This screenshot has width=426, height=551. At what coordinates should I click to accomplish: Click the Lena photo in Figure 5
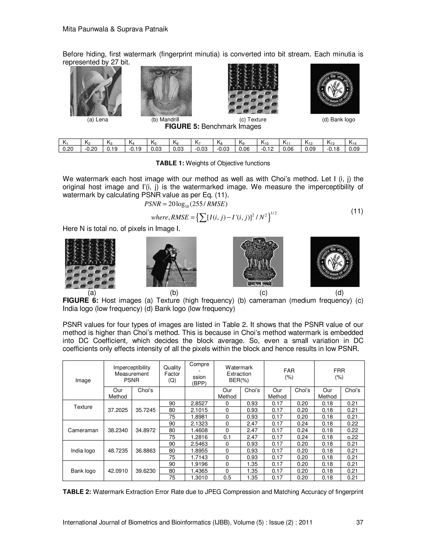click(96, 91)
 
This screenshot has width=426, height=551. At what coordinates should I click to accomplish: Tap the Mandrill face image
click(166, 91)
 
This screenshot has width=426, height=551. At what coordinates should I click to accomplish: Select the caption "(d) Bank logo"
click(338, 120)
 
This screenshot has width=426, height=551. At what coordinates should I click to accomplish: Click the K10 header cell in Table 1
click(268, 142)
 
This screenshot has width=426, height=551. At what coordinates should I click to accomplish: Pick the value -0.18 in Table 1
click(334, 149)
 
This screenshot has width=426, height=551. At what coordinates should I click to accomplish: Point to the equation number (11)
click(357, 211)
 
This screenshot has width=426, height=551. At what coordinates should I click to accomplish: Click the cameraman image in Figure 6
click(171, 262)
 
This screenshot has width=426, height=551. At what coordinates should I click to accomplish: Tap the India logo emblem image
click(258, 262)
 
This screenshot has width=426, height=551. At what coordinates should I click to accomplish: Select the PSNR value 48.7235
click(118, 451)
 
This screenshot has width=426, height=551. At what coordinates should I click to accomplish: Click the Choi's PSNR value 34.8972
click(145, 430)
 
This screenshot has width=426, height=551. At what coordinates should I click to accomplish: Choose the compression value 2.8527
click(199, 403)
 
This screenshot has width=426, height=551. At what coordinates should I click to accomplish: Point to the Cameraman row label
click(83, 430)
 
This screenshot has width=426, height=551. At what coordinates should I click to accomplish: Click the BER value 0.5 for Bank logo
click(227, 477)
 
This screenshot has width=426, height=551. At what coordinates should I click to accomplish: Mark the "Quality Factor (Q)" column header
click(172, 374)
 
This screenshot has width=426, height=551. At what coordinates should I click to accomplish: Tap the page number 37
click(359, 522)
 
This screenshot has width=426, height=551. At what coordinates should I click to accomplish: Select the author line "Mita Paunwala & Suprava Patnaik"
click(115, 29)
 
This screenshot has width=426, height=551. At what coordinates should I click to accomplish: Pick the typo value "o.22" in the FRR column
click(352, 437)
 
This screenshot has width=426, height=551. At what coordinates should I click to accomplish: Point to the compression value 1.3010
click(199, 477)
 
